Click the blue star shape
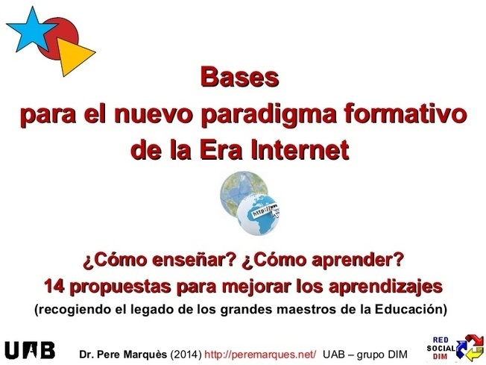click(x=32, y=31)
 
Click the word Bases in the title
click(x=239, y=78)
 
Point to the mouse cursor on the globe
click(x=275, y=213)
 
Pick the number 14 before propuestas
click(x=54, y=286)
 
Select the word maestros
click(x=312, y=310)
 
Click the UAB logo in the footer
click(x=30, y=350)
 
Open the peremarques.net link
click(x=260, y=354)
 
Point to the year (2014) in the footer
click(x=186, y=354)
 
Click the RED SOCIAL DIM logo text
click(x=441, y=349)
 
